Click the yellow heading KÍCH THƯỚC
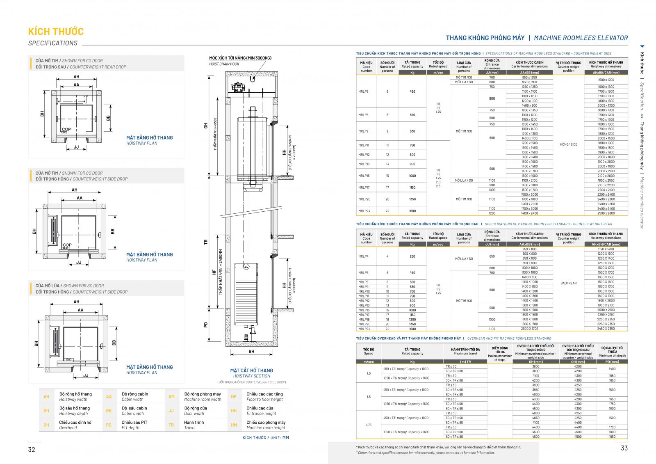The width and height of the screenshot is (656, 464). (56, 32)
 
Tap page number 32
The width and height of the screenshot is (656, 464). (32, 449)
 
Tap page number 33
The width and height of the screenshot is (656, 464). (624, 448)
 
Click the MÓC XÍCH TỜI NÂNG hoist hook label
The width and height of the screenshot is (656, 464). (240, 58)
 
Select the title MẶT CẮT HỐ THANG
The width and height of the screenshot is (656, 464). (251, 370)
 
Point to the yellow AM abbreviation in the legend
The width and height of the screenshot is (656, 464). (171, 397)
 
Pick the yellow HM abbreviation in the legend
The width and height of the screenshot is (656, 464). (234, 425)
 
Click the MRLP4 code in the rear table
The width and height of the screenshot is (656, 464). (363, 256)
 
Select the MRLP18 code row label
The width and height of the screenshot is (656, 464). (364, 320)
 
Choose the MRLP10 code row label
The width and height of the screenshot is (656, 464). (364, 291)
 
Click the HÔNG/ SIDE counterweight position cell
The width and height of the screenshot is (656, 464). (568, 144)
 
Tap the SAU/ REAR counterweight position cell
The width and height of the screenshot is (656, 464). (568, 283)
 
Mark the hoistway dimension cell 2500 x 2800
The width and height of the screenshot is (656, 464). (606, 213)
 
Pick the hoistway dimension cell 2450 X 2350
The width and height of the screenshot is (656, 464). (606, 329)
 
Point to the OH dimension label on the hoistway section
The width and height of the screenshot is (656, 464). (206, 126)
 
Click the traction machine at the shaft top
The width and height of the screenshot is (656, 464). (238, 87)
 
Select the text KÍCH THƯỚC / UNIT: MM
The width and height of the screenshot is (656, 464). (265, 438)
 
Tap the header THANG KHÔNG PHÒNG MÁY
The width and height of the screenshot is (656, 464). (485, 38)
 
